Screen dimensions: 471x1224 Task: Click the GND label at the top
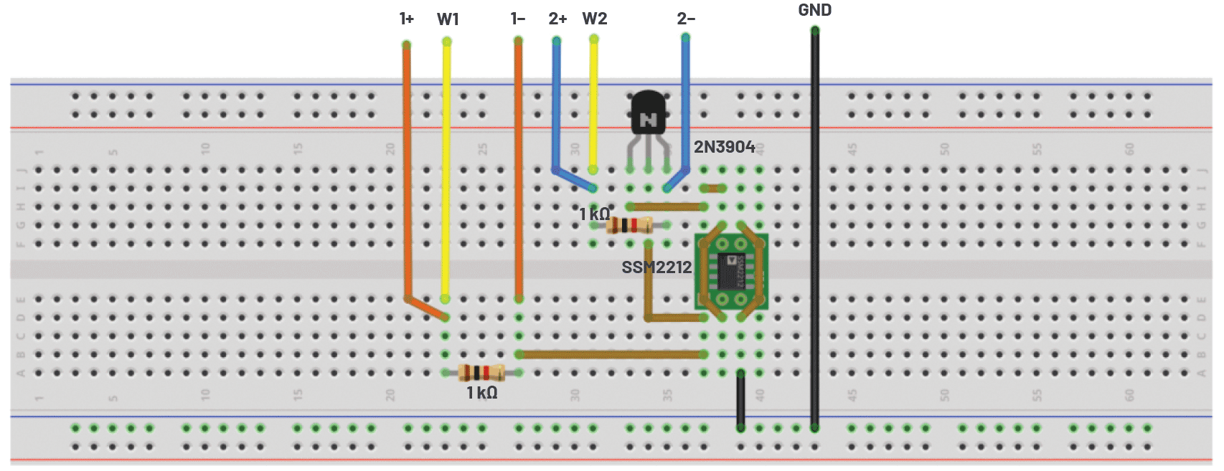(814, 10)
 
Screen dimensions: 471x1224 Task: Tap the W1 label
(448, 19)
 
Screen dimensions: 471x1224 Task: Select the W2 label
(595, 19)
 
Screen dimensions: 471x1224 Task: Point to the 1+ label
(407, 19)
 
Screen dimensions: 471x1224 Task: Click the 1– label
(518, 19)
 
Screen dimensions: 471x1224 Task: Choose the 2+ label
(557, 19)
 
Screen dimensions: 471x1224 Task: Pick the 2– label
(686, 19)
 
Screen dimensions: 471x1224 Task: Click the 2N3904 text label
(724, 147)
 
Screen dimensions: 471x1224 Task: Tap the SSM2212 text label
(656, 267)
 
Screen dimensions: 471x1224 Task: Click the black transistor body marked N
(648, 115)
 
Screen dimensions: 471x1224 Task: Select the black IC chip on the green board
(732, 271)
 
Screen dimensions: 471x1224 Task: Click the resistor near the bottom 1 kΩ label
(481, 372)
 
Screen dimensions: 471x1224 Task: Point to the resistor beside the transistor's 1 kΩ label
(629, 225)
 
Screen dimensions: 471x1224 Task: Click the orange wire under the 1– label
(518, 172)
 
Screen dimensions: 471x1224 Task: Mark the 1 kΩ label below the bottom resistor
(481, 393)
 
